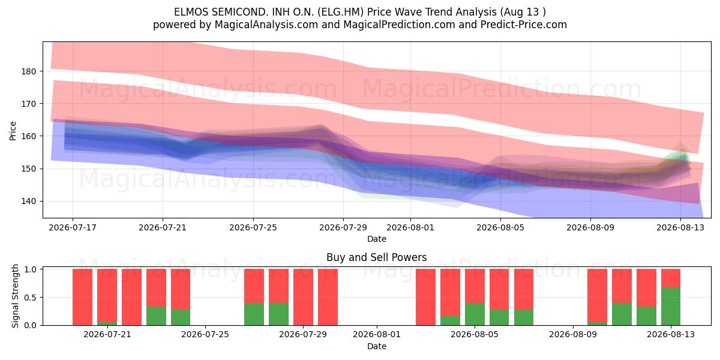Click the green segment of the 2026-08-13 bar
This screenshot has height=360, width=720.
(x=671, y=307)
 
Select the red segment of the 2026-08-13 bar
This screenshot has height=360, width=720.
(x=671, y=278)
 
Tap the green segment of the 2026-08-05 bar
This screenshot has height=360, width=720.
(x=475, y=314)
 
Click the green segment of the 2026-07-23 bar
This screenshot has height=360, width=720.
(x=156, y=316)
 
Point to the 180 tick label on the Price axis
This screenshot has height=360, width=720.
(x=29, y=71)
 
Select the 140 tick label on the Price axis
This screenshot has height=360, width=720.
(x=29, y=202)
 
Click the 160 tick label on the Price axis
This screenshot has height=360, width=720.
(x=29, y=136)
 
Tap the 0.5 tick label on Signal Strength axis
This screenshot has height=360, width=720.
(x=30, y=298)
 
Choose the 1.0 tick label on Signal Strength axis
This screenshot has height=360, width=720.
(x=30, y=269)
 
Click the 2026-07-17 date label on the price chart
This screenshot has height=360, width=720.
(x=73, y=227)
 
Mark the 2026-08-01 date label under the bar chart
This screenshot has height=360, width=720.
(x=377, y=334)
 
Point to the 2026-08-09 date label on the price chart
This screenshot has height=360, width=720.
(x=590, y=227)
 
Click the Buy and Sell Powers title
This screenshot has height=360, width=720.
(x=377, y=257)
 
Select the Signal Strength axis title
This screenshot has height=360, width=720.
(x=15, y=296)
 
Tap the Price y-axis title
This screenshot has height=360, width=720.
(x=13, y=131)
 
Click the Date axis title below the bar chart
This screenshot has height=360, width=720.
(x=377, y=346)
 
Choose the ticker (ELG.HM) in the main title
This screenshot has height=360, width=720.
(x=340, y=12)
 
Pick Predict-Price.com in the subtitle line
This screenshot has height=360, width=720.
(x=524, y=25)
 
